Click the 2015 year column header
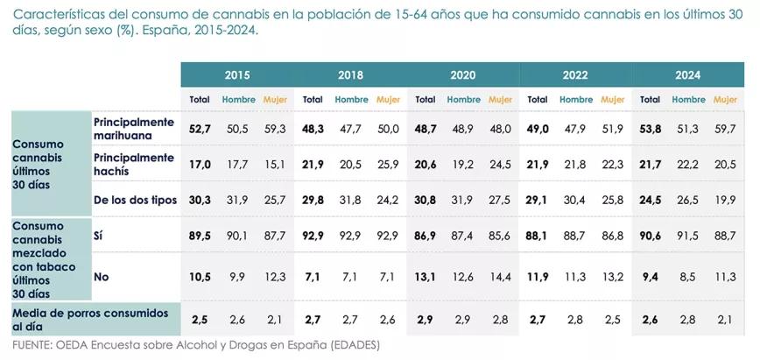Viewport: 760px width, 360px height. tap(236, 75)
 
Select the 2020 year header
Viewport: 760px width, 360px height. tap(462, 75)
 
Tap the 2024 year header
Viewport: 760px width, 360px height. tap(687, 75)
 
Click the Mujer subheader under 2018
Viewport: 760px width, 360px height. tap(388, 100)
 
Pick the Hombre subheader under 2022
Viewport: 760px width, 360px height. tap(576, 100)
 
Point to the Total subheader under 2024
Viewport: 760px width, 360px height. tap(650, 100)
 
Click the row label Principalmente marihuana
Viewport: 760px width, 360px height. tap(134, 129)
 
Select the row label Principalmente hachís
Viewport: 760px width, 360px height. tap(134, 164)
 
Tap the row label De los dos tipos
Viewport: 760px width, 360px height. tap(135, 200)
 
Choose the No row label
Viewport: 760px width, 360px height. tap(101, 277)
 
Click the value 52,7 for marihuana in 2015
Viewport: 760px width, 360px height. tap(200, 129)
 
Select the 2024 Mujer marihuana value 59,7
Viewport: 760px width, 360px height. tap(725, 129)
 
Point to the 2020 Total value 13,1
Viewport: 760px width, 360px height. tap(425, 277)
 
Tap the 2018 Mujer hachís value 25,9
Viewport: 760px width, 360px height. tap(388, 164)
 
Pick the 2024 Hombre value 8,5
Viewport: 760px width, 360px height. tap(688, 277)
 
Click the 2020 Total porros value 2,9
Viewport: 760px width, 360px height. tap(425, 320)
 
